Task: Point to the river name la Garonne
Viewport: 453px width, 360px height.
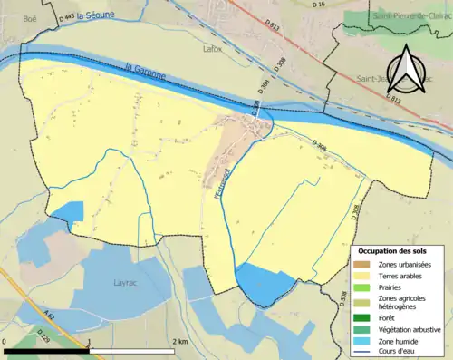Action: [142, 73]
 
